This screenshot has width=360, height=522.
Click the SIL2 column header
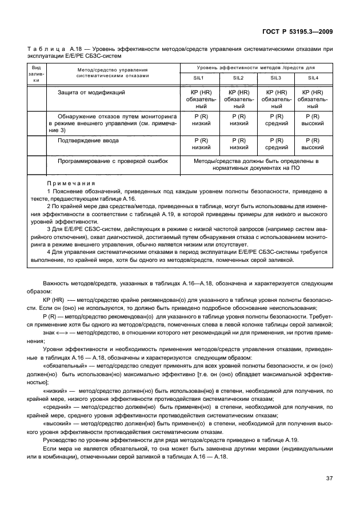point(238,78)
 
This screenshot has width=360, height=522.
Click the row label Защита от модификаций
point(91,92)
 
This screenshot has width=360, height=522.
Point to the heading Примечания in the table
point(71,183)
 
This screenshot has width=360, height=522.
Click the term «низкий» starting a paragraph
point(55,390)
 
